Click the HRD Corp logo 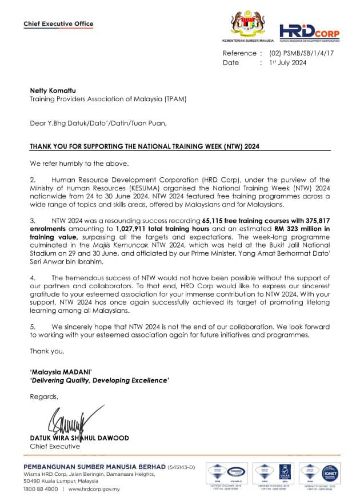coord(309,33)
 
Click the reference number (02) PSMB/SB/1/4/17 coord(301,53)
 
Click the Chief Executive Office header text coord(58,24)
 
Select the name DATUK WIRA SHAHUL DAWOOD coord(79,438)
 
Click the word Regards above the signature coord(44,396)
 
